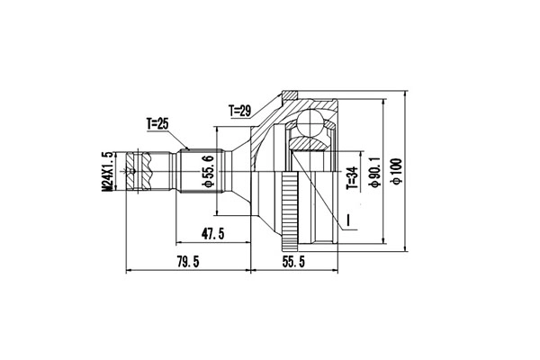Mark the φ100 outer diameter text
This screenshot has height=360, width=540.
395,168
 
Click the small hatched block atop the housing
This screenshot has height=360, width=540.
291,94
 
